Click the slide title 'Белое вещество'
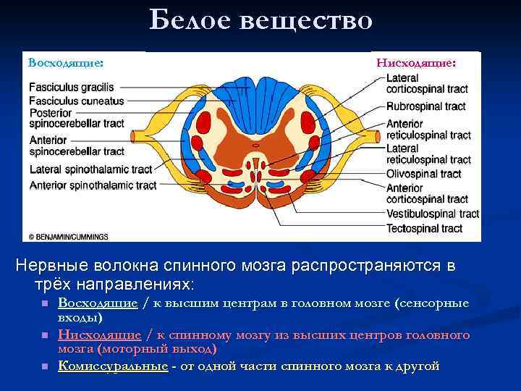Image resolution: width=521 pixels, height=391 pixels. (260, 21)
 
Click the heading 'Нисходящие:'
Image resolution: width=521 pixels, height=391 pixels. (415, 63)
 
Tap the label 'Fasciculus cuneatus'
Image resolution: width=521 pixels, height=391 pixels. (77, 101)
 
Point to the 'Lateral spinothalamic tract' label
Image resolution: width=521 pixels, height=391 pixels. (90, 169)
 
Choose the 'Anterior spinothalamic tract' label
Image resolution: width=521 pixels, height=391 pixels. (93, 185)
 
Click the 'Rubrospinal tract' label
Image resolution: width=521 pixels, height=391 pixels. (425, 106)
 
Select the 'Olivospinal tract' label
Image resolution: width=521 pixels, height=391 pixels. (423, 174)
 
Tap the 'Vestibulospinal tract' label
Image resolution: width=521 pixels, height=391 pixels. (432, 214)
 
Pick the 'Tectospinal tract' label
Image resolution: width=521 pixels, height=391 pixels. (424, 229)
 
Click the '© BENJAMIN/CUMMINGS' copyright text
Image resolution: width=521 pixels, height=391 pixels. (68, 236)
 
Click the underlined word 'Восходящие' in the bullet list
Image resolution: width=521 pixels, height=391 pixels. (98, 303)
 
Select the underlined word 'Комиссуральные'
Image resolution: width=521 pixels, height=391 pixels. (113, 366)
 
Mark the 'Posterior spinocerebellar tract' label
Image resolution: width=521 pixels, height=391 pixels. (77, 119)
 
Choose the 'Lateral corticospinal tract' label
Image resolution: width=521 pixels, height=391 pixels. (426, 83)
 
